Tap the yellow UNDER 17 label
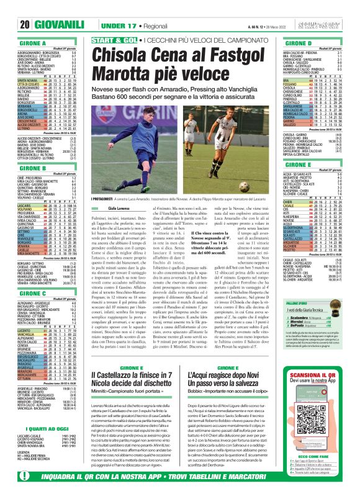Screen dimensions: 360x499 coord(104,25)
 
